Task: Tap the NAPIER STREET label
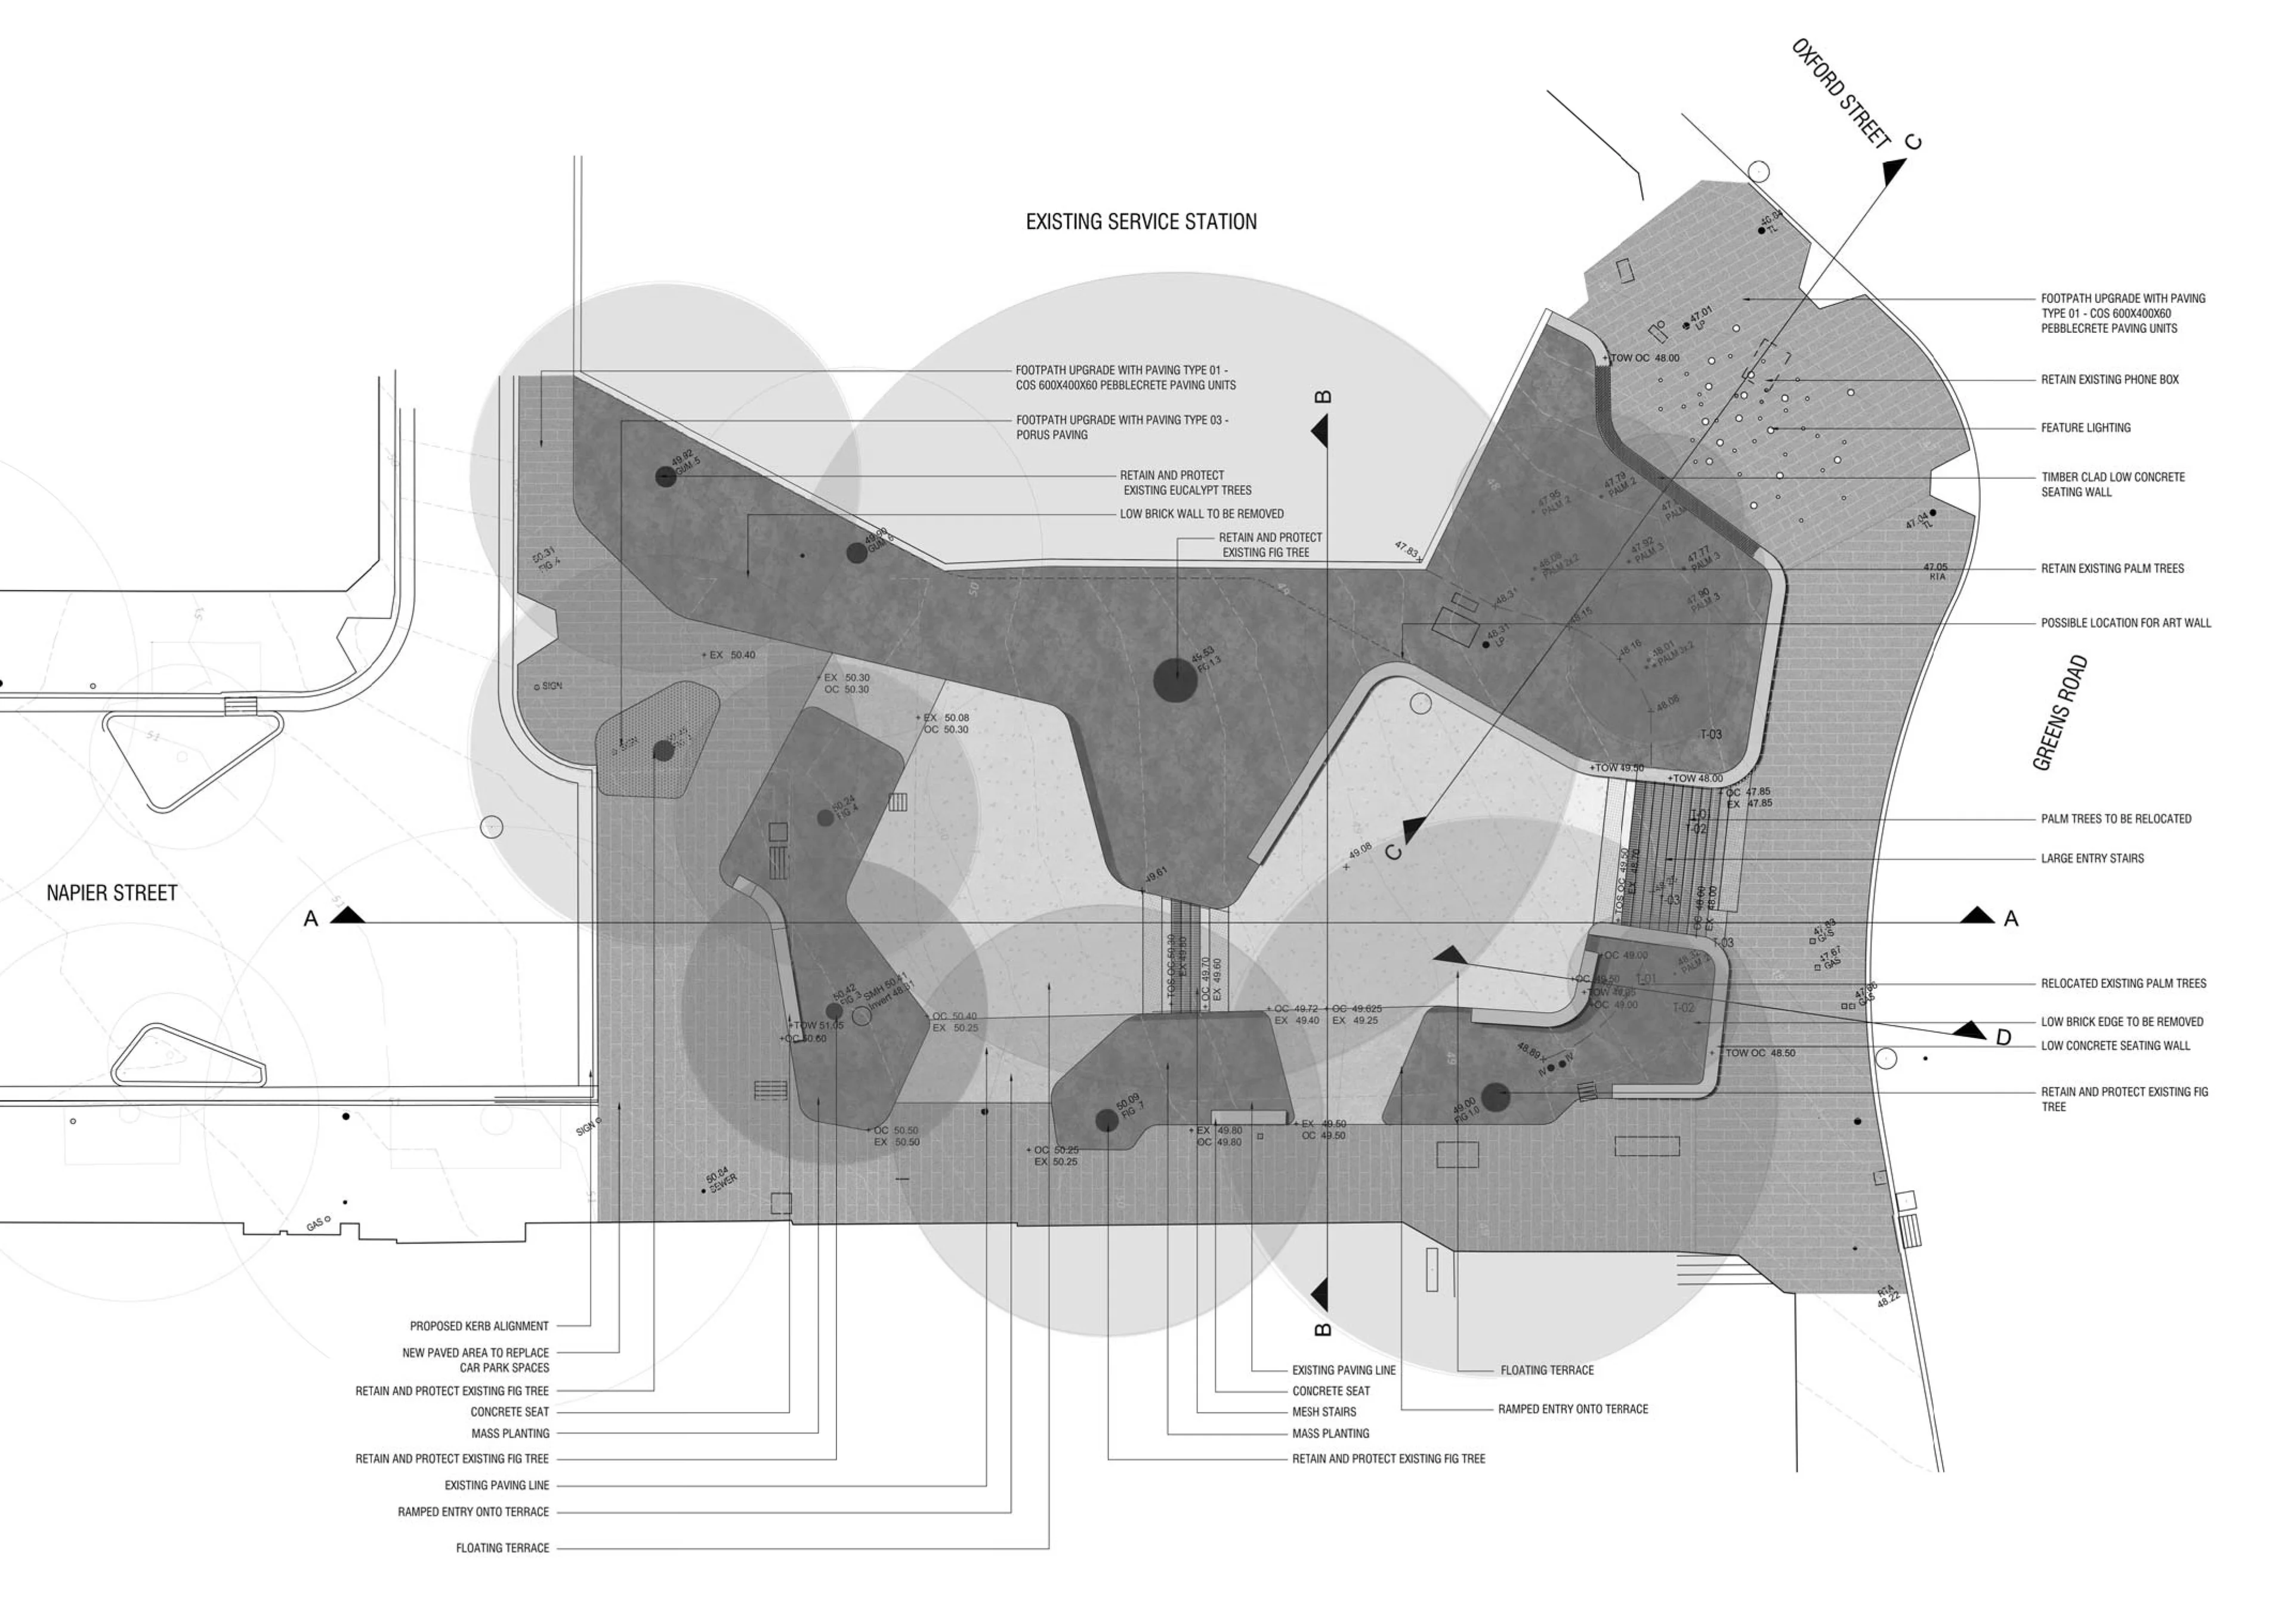click(x=112, y=894)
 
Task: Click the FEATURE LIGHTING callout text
click(x=2085, y=428)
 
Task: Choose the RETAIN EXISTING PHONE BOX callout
click(x=2110, y=380)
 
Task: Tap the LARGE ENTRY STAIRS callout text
click(x=2092, y=859)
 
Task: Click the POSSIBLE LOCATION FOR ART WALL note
click(x=2125, y=623)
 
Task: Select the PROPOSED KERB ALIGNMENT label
click(x=479, y=1327)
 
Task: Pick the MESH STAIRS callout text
click(x=1323, y=1413)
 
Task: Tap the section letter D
click(x=2003, y=1039)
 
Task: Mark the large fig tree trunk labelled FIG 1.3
click(x=1175, y=680)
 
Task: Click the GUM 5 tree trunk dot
click(x=666, y=477)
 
